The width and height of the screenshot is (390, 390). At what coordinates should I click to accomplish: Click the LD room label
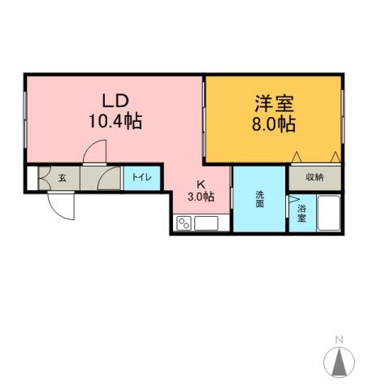point(115,102)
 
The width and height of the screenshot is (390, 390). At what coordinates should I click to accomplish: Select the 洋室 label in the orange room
point(273,105)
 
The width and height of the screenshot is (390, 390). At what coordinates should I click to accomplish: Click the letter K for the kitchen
point(201,184)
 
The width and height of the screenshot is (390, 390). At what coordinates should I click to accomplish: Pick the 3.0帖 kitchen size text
point(201,197)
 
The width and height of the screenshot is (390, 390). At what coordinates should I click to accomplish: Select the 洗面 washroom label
point(260,200)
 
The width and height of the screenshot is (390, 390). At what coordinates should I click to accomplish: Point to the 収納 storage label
point(315,177)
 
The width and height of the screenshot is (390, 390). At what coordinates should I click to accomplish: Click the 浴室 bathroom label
point(302,213)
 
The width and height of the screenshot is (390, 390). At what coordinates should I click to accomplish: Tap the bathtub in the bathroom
point(328,213)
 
